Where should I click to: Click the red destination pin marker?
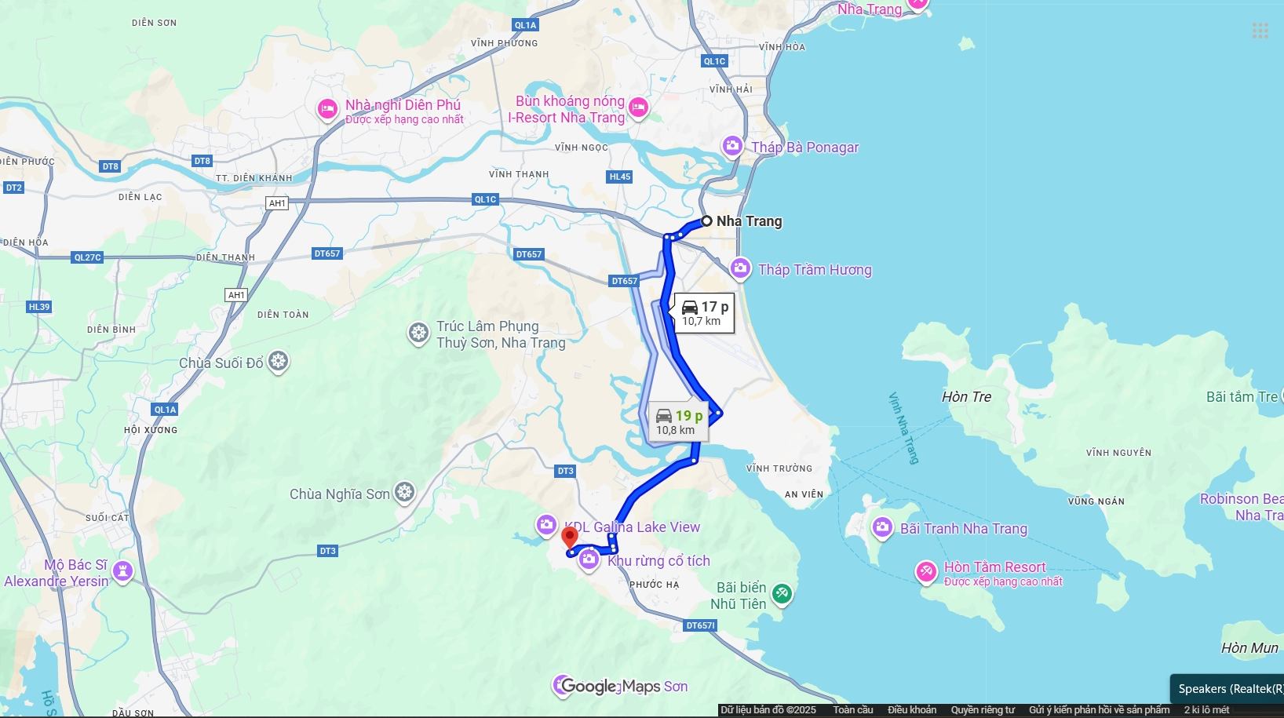570,538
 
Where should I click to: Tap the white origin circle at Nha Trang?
706,221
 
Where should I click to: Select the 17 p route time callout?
704,313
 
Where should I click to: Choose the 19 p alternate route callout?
678,422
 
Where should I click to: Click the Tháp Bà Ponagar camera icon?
732,146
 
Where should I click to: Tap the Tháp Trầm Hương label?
815,270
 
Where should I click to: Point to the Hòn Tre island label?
966,397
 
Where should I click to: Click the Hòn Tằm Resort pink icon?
926,571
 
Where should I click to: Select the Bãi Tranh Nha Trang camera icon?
882,527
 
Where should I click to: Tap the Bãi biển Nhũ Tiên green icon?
782,594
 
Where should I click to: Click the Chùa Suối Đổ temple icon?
279,362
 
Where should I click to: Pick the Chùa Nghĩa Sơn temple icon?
405,493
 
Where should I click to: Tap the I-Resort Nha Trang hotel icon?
638,107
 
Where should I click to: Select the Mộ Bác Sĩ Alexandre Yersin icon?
122,570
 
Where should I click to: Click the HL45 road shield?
620,177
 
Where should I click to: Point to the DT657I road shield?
700,625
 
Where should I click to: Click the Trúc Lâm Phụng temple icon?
418,333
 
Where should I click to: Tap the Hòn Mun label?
1249,648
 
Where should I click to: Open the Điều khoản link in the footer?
911,710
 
